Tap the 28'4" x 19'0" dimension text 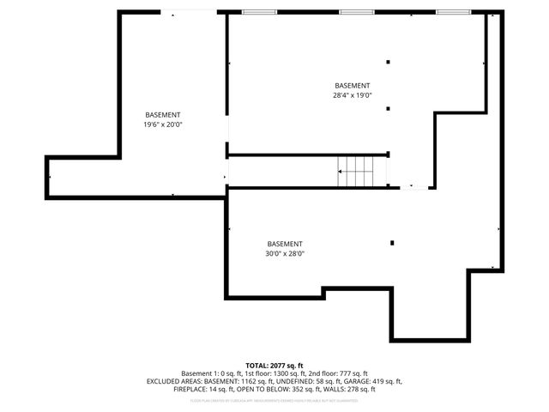click(x=352, y=96)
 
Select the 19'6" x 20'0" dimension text click(x=163, y=125)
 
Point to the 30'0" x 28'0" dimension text click(x=285, y=253)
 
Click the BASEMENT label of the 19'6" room click(x=163, y=115)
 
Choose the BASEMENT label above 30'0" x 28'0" click(x=285, y=243)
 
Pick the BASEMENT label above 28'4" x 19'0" click(x=352, y=86)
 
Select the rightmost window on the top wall click(x=449, y=12)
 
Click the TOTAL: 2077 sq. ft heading click(x=274, y=366)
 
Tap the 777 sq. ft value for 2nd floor click(x=352, y=373)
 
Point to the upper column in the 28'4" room click(x=388, y=62)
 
